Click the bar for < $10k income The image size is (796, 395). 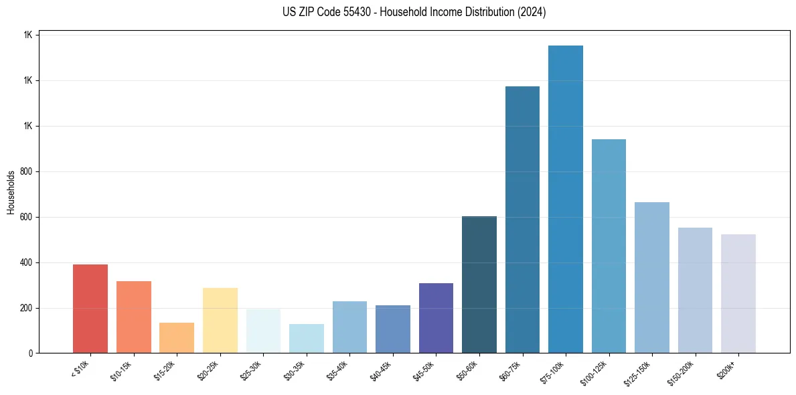pos(90,309)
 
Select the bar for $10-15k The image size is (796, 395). pos(133,317)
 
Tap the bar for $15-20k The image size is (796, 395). pos(177,338)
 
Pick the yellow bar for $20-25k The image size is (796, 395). pos(220,320)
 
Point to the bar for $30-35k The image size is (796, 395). pos(307,339)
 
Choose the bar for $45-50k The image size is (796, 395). pos(436,318)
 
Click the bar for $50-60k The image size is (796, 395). pos(479,285)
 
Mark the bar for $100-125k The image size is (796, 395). pos(609,246)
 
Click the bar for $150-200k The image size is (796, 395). pos(695,290)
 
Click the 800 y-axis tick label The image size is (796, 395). pos(27,171)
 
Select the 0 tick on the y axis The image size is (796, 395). pos(31,353)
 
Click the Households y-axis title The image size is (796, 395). pos(11,193)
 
